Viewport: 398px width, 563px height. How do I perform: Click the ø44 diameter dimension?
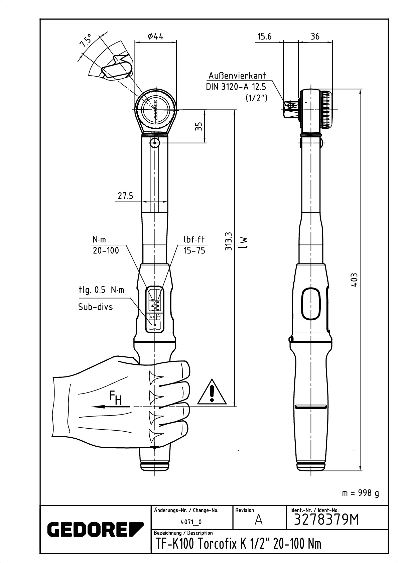point(155,36)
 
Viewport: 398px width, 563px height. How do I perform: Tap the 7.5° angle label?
point(86,40)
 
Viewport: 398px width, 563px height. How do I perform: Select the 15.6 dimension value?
point(264,36)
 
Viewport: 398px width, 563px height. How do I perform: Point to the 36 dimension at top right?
point(315,36)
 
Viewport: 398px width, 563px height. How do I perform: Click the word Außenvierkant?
point(237,76)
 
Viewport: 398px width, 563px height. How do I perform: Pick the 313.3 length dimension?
point(228,242)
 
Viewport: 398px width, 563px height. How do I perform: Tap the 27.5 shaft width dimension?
point(125,196)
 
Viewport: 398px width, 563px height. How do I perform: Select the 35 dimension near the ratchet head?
point(199,126)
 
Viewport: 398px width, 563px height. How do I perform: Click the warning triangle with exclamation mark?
point(212,392)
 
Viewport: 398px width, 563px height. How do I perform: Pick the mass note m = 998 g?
point(361,493)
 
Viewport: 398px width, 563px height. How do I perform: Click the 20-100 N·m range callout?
point(105,250)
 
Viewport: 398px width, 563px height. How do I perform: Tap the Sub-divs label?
point(95,307)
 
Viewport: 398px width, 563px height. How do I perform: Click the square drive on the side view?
point(289,108)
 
